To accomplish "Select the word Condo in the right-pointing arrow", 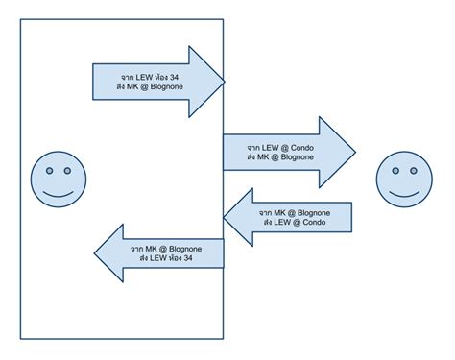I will (x=299, y=147).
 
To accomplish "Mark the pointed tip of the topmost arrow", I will (x=224, y=78).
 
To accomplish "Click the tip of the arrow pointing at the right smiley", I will (x=354, y=152).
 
